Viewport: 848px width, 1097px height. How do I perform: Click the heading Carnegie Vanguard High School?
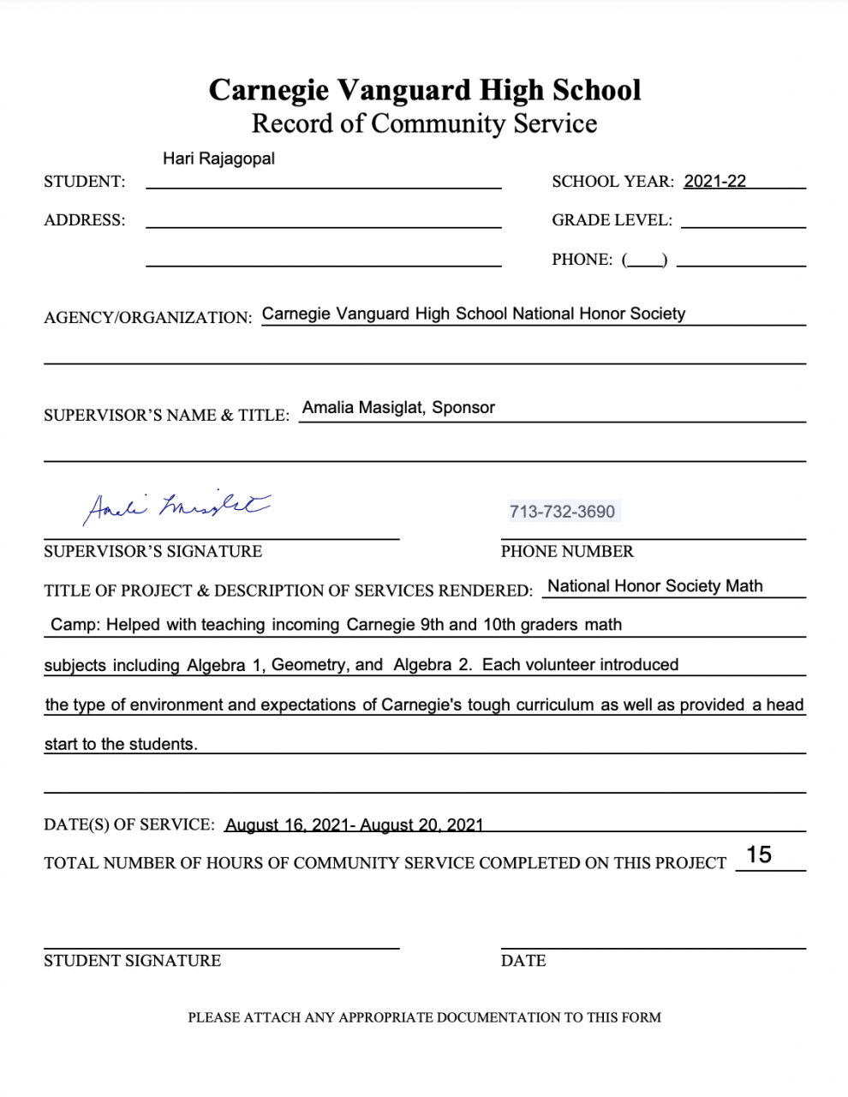click(424, 90)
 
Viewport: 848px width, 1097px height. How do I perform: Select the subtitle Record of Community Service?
click(424, 123)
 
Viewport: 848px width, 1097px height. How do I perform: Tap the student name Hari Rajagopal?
click(218, 159)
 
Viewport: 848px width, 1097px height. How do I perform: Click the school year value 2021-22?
click(714, 181)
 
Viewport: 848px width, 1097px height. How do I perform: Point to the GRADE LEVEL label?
click(612, 220)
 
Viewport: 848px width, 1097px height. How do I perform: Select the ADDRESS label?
click(84, 220)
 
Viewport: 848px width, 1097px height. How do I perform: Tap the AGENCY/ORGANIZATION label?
click(147, 317)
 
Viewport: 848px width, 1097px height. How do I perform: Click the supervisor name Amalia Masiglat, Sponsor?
click(398, 408)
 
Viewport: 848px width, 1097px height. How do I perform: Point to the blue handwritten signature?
click(176, 507)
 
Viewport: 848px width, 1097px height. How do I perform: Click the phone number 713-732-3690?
click(562, 512)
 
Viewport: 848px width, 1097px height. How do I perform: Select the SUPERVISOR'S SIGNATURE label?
click(152, 551)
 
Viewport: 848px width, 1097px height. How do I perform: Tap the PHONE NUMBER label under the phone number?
click(567, 551)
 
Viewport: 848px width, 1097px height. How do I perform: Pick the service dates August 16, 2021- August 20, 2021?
click(354, 824)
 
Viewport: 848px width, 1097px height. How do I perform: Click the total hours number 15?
click(759, 854)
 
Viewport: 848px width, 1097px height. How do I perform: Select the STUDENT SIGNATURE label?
click(132, 961)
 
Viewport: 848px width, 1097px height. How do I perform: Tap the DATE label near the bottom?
click(523, 961)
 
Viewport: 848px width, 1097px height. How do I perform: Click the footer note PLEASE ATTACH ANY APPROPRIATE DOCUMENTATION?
click(424, 1017)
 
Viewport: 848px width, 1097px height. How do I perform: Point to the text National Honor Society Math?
click(654, 586)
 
